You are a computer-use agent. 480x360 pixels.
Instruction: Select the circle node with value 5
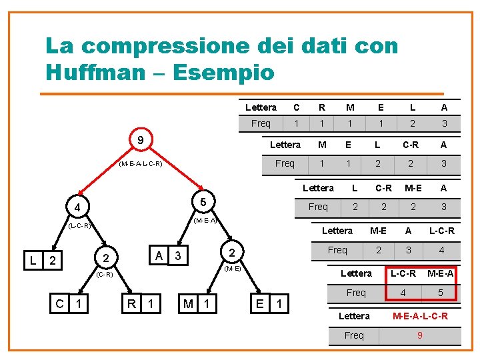(x=203, y=201)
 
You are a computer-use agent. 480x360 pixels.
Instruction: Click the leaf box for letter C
(x=69, y=305)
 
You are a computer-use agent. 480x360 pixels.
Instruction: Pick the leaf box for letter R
(x=141, y=305)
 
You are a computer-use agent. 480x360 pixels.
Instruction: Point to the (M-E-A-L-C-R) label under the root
(x=140, y=163)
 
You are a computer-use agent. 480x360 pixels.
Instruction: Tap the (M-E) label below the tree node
(x=233, y=269)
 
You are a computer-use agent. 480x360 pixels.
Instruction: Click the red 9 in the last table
(x=419, y=335)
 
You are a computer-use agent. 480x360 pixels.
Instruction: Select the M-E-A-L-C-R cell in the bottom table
(x=420, y=316)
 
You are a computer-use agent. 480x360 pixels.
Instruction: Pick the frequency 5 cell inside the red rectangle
(x=440, y=293)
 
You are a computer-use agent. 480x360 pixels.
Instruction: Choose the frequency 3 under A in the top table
(x=444, y=124)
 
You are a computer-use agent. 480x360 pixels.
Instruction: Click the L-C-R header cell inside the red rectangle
(x=403, y=273)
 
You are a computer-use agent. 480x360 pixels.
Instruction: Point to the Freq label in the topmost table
(x=260, y=124)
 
